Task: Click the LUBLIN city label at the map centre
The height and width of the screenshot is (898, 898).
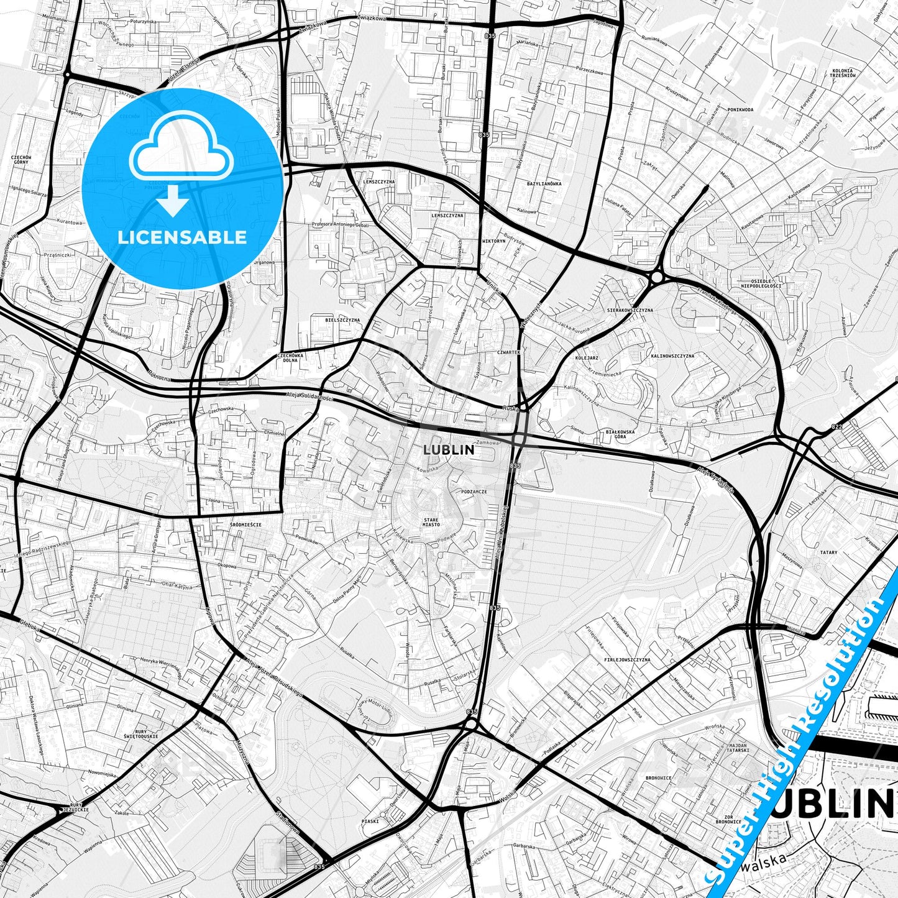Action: (x=448, y=449)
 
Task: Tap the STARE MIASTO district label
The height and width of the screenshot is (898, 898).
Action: (x=431, y=522)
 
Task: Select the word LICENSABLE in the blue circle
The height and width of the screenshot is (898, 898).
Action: (x=183, y=237)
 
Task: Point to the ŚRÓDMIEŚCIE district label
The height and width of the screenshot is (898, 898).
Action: (x=245, y=525)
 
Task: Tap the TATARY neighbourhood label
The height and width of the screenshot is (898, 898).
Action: (x=828, y=552)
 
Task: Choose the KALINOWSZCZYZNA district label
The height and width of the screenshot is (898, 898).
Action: (x=672, y=356)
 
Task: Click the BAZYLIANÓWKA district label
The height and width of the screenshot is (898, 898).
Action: (x=544, y=184)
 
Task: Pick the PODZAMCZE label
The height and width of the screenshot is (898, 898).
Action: (x=474, y=491)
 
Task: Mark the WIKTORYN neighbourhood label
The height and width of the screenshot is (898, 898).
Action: (x=494, y=241)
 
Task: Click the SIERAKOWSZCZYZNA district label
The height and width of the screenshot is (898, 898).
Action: (x=630, y=309)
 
